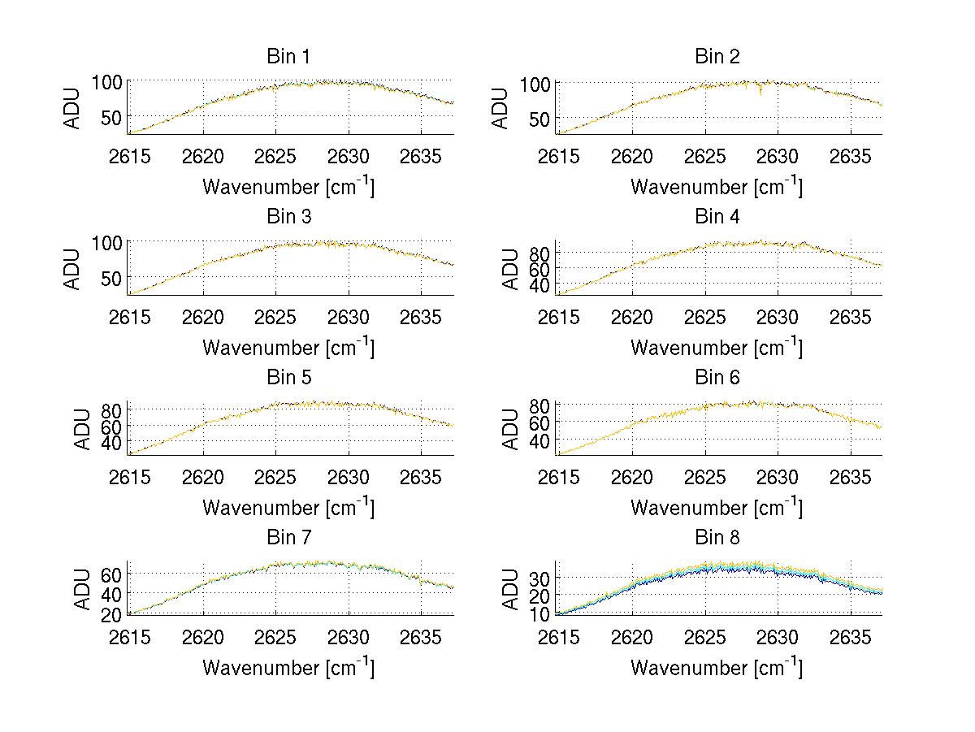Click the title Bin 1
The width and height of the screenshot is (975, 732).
(x=288, y=57)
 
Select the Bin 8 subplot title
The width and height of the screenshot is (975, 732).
(x=717, y=538)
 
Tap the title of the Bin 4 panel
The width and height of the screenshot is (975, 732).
(x=717, y=217)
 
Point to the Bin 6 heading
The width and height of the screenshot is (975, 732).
(x=717, y=378)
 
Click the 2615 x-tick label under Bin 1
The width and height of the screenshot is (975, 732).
(x=130, y=156)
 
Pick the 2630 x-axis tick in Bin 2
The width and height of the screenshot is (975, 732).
(x=778, y=156)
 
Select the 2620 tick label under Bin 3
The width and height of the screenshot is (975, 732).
(x=203, y=317)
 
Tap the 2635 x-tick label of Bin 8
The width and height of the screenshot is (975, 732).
(x=851, y=637)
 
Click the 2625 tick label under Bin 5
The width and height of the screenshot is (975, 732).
(x=276, y=477)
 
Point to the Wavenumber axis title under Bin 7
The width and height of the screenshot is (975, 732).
(x=288, y=668)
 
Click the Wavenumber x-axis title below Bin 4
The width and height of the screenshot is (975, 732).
(x=717, y=348)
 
